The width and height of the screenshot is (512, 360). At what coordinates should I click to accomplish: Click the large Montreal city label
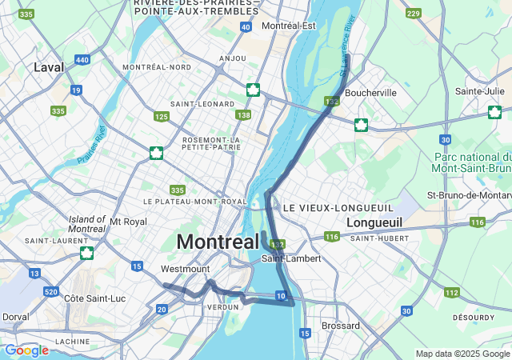[217, 241]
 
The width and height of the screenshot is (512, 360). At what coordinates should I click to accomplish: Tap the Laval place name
[49, 68]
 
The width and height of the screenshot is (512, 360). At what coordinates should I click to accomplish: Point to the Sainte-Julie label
[480, 91]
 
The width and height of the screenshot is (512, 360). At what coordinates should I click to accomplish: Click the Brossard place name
[341, 326]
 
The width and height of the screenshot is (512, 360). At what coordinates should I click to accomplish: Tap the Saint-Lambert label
[291, 258]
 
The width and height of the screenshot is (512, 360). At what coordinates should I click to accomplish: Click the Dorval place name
[16, 316]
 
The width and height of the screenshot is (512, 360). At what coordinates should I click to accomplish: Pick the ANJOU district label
[232, 58]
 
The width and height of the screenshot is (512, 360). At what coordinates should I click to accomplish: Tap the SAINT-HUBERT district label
[380, 238]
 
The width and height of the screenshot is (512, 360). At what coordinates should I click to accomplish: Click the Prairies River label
[92, 146]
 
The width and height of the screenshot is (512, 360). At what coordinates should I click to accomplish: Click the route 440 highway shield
[82, 60]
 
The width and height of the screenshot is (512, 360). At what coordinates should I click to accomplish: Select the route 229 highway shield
[413, 14]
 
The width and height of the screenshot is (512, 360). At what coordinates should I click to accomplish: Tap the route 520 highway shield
[50, 291]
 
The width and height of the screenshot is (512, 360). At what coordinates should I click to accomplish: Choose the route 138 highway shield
[243, 116]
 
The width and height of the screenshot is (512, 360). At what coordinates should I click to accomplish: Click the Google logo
[26, 350]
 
